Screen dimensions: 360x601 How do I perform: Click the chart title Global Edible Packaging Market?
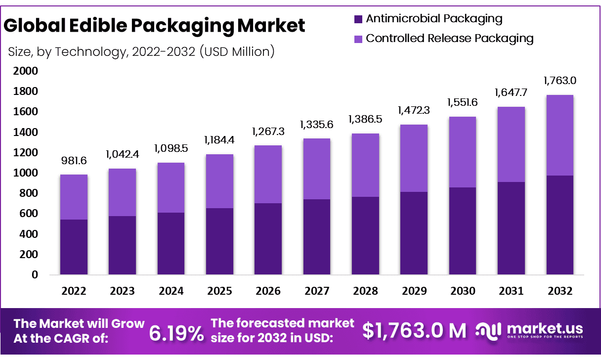pyautogui.click(x=154, y=26)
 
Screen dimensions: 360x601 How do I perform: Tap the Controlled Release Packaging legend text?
pyautogui.click(x=450, y=39)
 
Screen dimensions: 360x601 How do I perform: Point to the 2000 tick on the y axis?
pyautogui.click(x=25, y=71)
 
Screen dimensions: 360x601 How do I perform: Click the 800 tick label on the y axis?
pyautogui.click(x=28, y=193)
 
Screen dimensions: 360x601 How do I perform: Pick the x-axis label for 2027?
pyautogui.click(x=317, y=291)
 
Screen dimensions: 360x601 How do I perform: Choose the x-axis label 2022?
pyautogui.click(x=74, y=291)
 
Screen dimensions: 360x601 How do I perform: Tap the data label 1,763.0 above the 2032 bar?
pyautogui.click(x=559, y=81)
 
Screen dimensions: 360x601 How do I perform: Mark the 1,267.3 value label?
pyautogui.click(x=268, y=132)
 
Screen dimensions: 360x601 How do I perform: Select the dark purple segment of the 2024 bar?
pyautogui.click(x=171, y=243)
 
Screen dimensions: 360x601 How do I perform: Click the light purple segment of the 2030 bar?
pyautogui.click(x=463, y=152)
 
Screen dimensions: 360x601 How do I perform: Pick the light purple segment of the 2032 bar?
pyautogui.click(x=559, y=135)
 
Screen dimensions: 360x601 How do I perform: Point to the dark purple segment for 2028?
pyautogui.click(x=365, y=235)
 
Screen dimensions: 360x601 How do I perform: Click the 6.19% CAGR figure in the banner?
pyautogui.click(x=176, y=334)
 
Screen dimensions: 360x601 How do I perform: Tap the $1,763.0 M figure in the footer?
pyautogui.click(x=414, y=331)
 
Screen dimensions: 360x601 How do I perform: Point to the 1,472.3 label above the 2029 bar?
pyautogui.click(x=414, y=111)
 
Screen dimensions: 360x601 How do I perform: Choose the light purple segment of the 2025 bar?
pyautogui.click(x=219, y=181)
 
